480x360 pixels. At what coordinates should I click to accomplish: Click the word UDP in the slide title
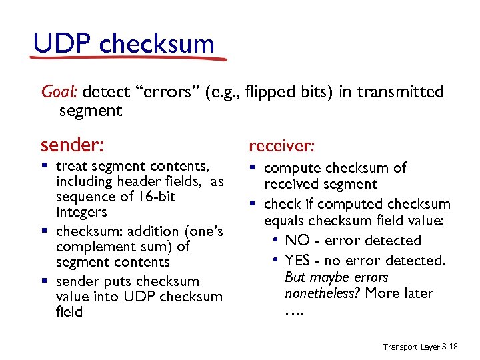[62, 44]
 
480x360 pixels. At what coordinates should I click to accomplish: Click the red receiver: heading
[280, 145]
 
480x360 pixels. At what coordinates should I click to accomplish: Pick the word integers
[81, 212]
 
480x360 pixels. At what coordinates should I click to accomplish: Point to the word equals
[288, 221]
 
